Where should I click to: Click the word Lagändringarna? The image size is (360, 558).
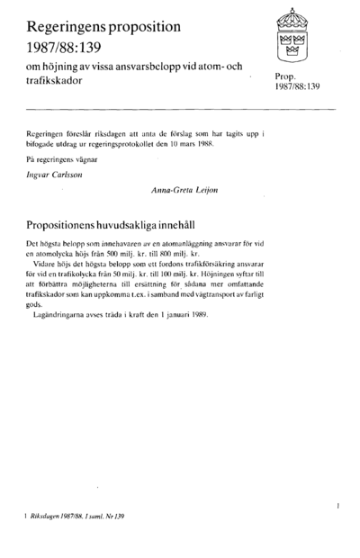pyautogui.click(x=65, y=316)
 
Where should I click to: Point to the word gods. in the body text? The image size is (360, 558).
pyautogui.click(x=37, y=304)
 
